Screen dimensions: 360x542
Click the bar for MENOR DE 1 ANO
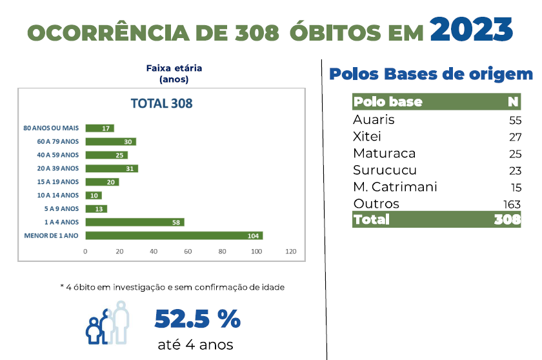point(174,235)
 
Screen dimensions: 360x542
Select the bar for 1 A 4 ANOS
point(134,222)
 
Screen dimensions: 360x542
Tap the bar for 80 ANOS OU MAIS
point(99,128)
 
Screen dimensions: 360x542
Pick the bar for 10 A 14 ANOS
point(93,195)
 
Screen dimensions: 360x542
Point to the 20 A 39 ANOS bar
point(111,168)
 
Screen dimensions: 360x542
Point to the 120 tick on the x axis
point(290,251)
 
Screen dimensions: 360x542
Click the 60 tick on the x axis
point(188,251)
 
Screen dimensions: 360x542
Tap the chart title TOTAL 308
point(161,103)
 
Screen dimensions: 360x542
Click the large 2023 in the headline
point(471,28)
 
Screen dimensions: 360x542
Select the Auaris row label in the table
point(374,120)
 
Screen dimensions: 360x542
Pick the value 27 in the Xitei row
point(514,137)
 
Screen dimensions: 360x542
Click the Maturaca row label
point(384,154)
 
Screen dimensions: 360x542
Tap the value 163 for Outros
point(512,205)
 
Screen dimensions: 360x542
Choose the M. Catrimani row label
point(395,187)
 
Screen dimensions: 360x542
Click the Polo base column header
point(388,102)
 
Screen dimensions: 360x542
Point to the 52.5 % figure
point(197,319)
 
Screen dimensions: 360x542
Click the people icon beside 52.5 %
point(108,323)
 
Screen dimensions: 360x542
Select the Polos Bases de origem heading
point(431,74)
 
